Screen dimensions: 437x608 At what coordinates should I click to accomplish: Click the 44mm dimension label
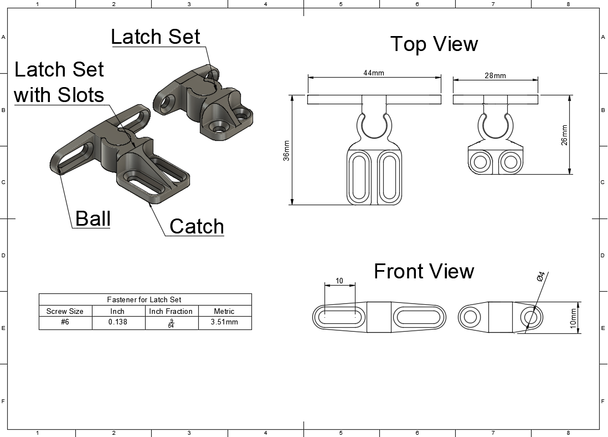[x=374, y=73]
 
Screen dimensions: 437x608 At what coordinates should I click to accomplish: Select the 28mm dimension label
[x=495, y=75]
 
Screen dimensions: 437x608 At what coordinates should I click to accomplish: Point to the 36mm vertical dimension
[x=286, y=150]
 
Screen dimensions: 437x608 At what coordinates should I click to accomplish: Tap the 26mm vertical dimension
[x=564, y=135]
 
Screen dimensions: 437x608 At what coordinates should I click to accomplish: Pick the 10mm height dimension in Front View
[x=574, y=318]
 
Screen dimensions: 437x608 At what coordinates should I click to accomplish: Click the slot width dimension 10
[x=339, y=281]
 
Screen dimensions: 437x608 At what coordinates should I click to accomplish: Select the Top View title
[x=434, y=44]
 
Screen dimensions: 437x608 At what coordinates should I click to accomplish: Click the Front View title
[x=424, y=271]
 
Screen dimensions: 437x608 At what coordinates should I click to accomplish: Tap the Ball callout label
[x=93, y=218]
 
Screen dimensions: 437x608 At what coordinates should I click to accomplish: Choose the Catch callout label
[x=197, y=226]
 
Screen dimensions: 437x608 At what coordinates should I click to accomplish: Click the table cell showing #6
[x=65, y=322]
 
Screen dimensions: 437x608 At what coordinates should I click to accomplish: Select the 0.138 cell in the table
[x=117, y=322]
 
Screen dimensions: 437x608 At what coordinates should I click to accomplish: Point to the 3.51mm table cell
[x=224, y=322]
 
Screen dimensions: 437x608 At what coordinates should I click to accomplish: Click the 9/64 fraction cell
[x=171, y=323]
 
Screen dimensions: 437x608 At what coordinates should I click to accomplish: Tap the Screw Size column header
[x=65, y=311]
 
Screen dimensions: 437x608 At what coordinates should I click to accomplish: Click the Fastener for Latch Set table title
[x=145, y=299]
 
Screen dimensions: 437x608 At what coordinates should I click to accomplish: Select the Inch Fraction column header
[x=171, y=311]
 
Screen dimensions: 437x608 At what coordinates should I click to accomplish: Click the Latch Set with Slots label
[x=59, y=82]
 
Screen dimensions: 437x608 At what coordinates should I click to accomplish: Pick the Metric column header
[x=224, y=311]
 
